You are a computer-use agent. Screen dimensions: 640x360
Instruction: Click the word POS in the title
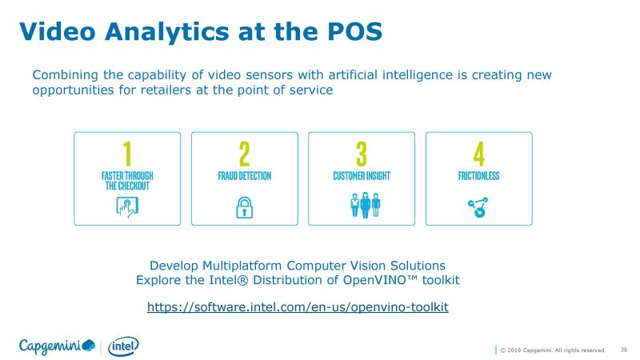pos(354,31)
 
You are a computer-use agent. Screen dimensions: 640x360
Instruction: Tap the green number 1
pos(127,154)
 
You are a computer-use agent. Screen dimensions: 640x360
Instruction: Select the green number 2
pos(245,154)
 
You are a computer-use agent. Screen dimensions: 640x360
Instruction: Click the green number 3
pos(362,154)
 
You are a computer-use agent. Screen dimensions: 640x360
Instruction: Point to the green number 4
pos(478,154)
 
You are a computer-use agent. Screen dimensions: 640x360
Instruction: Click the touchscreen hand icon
pos(127,207)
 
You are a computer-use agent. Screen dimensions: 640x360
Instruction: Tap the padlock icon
pos(245,207)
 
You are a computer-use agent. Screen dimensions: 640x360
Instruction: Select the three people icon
pos(366,206)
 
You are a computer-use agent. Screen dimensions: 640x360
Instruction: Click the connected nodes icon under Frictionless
pos(478,207)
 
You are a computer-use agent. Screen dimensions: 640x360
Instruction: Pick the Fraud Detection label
pos(245,176)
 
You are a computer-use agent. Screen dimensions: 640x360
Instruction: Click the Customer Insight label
pos(362,176)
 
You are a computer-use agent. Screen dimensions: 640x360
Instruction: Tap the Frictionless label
pos(478,176)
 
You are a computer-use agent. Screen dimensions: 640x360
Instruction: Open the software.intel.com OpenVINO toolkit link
pos(298,307)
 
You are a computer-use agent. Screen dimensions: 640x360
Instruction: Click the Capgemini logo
pos(57,346)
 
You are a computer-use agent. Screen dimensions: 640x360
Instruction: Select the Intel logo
pos(123,346)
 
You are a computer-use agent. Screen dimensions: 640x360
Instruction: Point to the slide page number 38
pos(624,350)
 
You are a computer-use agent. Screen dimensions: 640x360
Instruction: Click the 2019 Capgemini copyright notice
pos(553,350)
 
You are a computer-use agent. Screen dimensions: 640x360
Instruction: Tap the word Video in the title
pos(57,31)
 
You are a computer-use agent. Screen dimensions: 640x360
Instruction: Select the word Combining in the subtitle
pos(66,75)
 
